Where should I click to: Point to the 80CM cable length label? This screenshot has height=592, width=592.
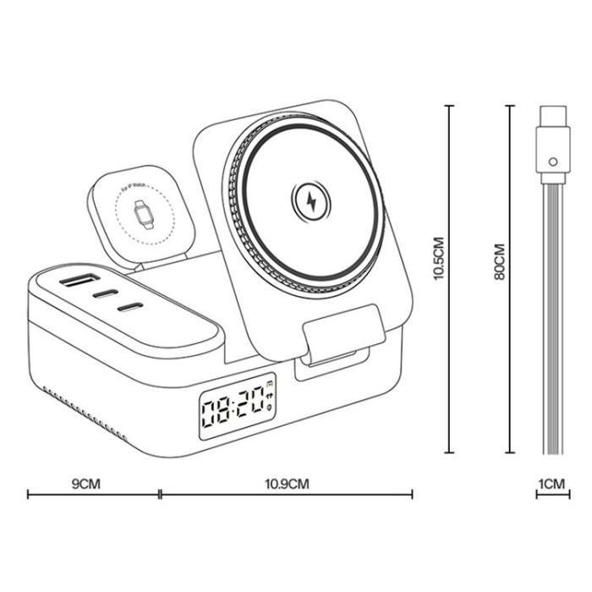point(499,262)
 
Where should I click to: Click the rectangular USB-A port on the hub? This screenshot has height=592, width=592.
point(77,282)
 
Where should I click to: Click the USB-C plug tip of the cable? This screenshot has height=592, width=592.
point(552,116)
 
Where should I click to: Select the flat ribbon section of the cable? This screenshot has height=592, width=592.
point(552,321)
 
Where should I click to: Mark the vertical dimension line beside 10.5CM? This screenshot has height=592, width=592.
point(450,279)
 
